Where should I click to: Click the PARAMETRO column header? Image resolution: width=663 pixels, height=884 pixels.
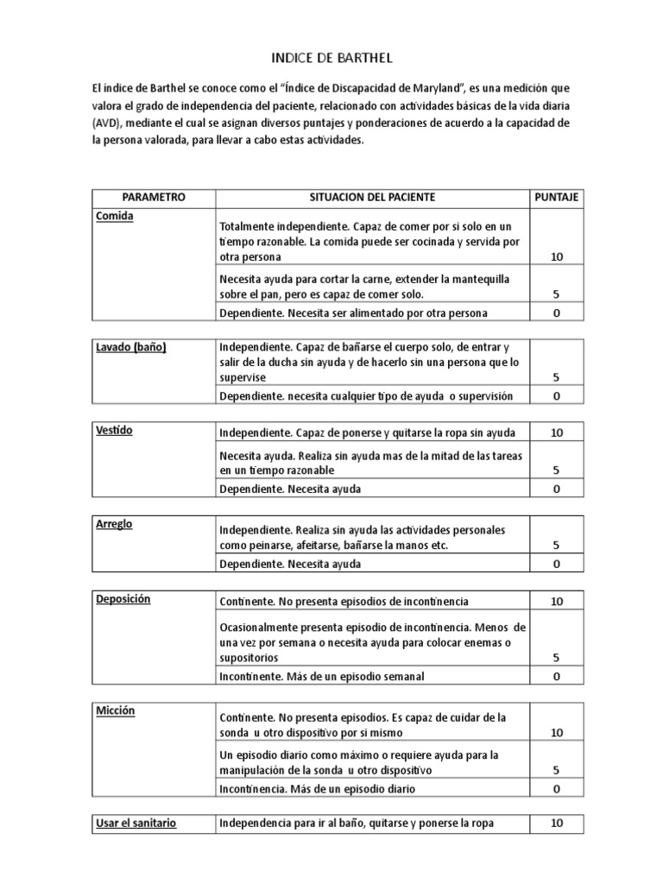pos(154,198)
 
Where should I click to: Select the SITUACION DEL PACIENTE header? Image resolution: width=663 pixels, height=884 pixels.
pos(372,198)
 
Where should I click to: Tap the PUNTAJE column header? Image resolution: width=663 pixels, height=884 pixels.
pos(557,198)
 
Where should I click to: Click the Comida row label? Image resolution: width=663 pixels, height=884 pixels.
pos(115,217)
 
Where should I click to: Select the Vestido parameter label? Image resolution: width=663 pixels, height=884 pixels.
pos(116,430)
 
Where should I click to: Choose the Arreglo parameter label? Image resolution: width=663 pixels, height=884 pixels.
pos(115,524)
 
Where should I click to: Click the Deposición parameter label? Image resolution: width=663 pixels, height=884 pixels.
pos(123,598)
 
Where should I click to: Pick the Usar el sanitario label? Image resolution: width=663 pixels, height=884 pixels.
pos(136,824)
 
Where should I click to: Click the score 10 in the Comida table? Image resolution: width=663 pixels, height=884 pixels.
pos(557,257)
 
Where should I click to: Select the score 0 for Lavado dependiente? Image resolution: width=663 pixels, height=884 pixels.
pos(557,396)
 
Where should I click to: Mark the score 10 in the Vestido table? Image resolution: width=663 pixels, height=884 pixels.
pos(557,433)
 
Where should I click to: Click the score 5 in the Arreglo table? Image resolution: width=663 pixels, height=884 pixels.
pos(557,546)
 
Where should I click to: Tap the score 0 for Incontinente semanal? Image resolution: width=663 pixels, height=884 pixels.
pos(557,677)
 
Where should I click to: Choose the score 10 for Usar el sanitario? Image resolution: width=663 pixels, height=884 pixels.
pos(557,824)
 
